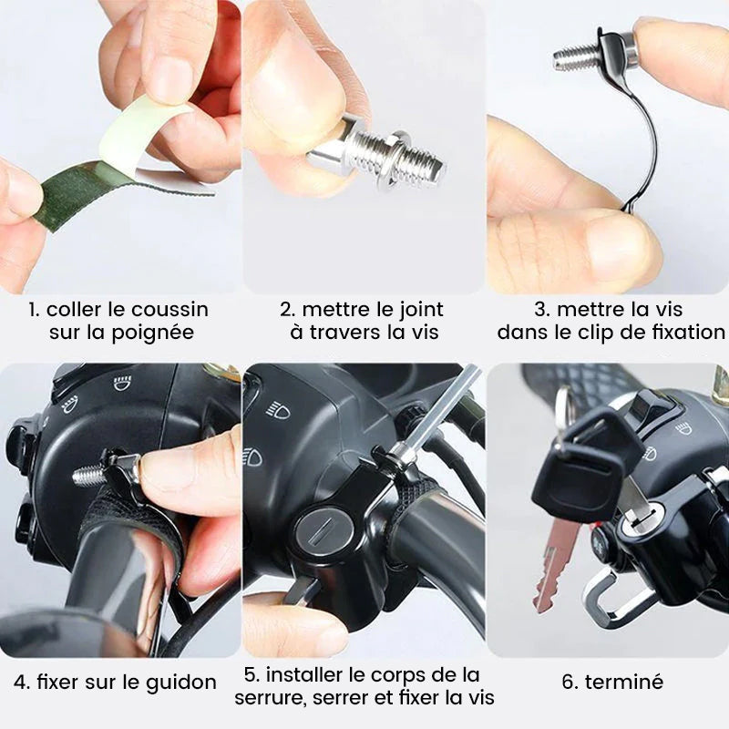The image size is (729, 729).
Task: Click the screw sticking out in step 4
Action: click(89, 475)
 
